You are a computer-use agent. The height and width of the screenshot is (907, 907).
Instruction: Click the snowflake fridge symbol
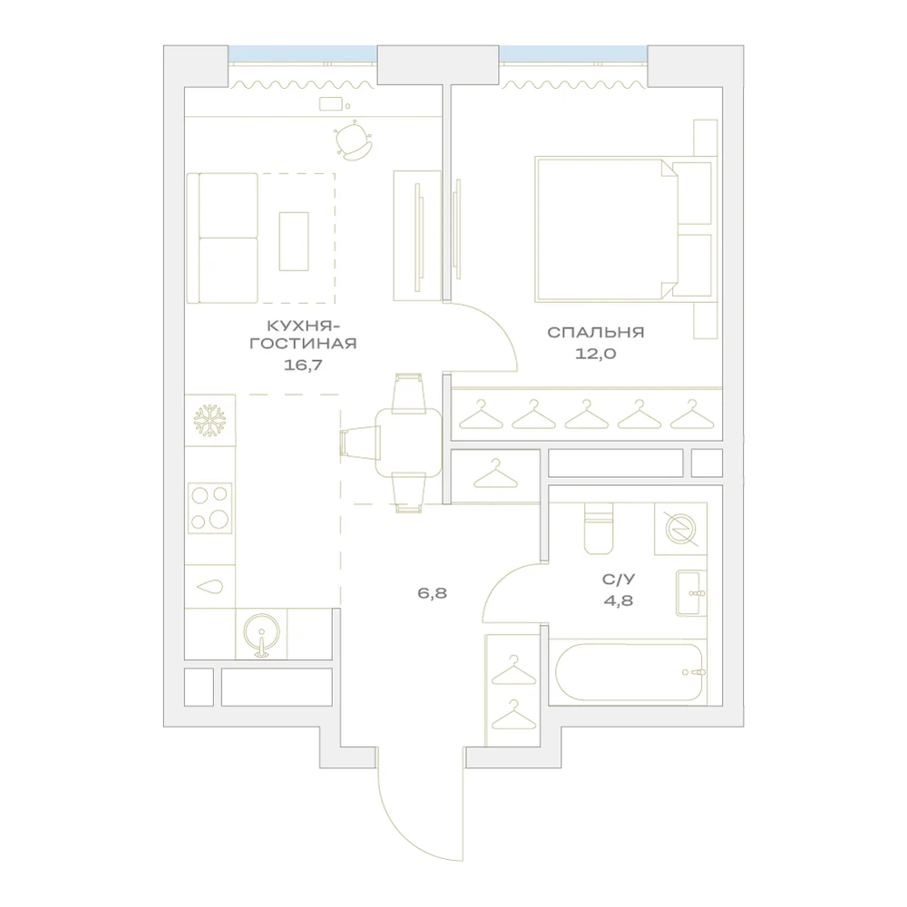[210, 420]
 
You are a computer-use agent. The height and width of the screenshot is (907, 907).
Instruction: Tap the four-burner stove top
[210, 507]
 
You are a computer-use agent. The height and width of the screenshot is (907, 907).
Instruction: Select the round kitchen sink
[261, 635]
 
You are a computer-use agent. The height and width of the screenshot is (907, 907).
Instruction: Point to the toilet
[599, 529]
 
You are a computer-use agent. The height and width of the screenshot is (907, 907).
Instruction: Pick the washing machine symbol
[680, 529]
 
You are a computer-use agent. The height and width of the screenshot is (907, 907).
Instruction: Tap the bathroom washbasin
[691, 593]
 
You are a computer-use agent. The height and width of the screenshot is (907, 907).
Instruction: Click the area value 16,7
[303, 365]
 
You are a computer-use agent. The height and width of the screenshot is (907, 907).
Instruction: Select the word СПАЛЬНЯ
[595, 332]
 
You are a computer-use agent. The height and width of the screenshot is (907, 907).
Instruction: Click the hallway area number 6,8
[432, 593]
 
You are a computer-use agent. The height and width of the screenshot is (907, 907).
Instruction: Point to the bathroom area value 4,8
[619, 600]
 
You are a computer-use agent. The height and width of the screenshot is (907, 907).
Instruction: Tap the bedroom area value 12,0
[595, 354]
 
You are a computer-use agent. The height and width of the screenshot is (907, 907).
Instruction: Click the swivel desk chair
[352, 141]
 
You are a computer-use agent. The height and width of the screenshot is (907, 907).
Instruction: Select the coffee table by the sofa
[294, 241]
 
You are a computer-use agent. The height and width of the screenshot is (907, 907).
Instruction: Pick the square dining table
[408, 442]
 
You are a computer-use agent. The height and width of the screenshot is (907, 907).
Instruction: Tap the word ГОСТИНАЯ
[303, 343]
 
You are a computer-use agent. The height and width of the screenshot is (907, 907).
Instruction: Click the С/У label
[619, 579]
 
